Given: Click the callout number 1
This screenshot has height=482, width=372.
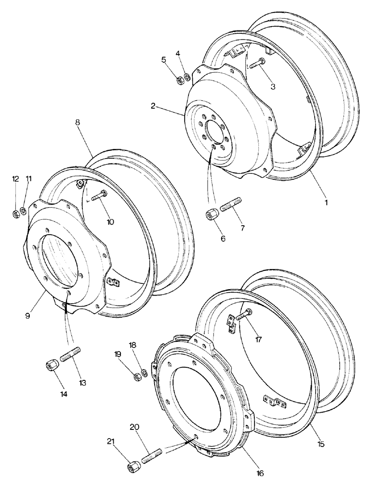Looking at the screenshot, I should click(x=326, y=203).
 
